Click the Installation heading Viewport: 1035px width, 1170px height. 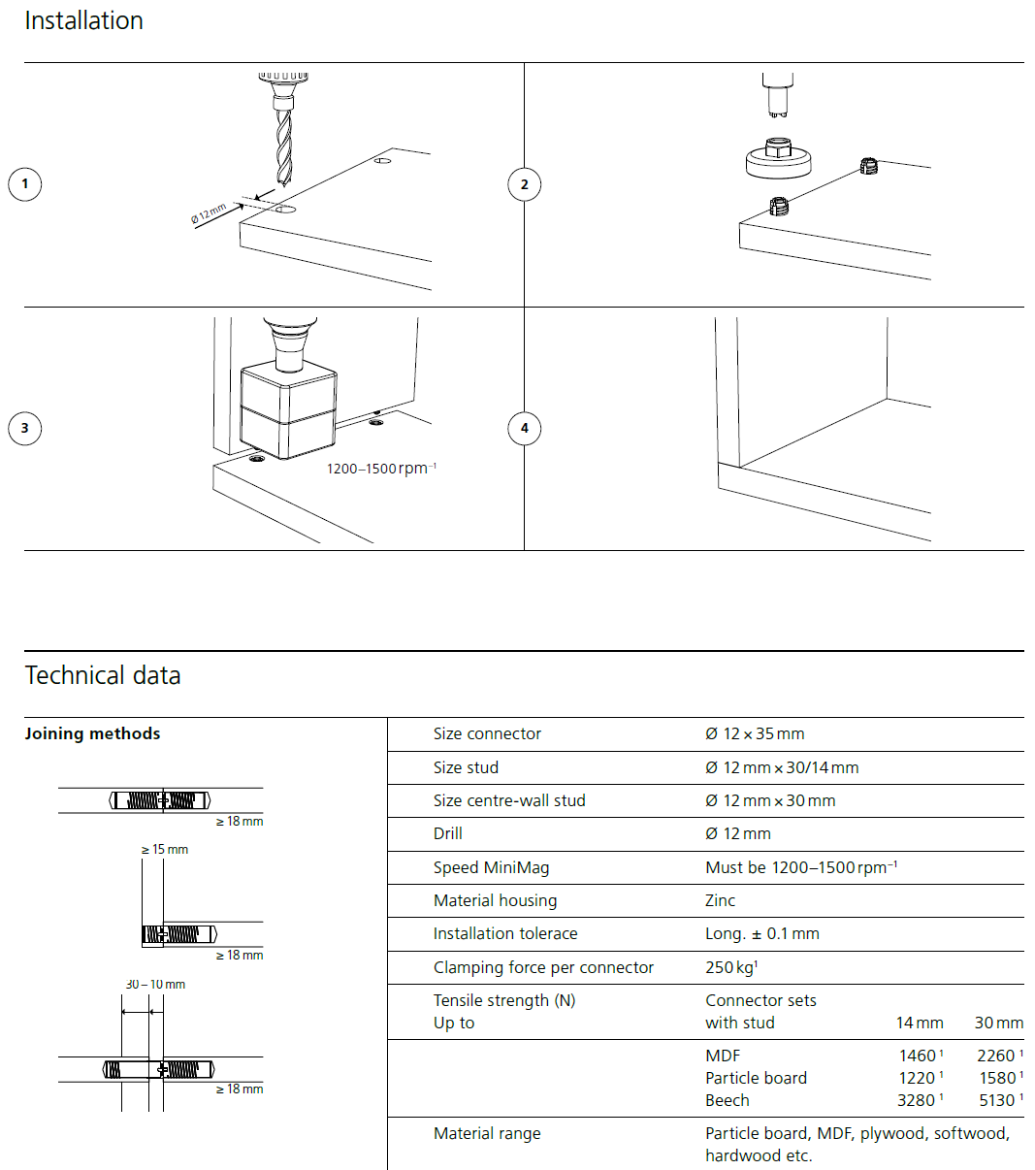coord(83,20)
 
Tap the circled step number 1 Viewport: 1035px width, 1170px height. coord(25,184)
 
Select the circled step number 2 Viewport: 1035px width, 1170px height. coord(525,184)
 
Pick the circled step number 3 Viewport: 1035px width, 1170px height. coord(25,428)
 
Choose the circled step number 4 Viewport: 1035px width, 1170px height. coord(525,428)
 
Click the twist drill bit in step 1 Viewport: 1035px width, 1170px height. coord(282,146)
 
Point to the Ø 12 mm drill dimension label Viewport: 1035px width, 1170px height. coord(209,214)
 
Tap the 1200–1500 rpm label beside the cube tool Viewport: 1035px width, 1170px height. coord(381,469)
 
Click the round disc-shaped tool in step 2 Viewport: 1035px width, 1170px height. coord(778,161)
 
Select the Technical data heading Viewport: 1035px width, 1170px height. coord(103,675)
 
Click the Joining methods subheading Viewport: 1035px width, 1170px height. coord(92,733)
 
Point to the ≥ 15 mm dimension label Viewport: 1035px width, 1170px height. coord(165,850)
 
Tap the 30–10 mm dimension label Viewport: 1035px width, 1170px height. coord(155,984)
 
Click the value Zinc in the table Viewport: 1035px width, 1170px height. coord(721,900)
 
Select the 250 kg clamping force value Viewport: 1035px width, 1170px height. coord(731,967)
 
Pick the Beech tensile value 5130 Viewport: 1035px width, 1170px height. coord(997,1100)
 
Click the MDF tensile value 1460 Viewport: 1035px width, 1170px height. coord(918,1056)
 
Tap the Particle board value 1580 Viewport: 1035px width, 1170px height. coord(997,1078)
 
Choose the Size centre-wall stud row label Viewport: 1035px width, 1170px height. coord(509,800)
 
